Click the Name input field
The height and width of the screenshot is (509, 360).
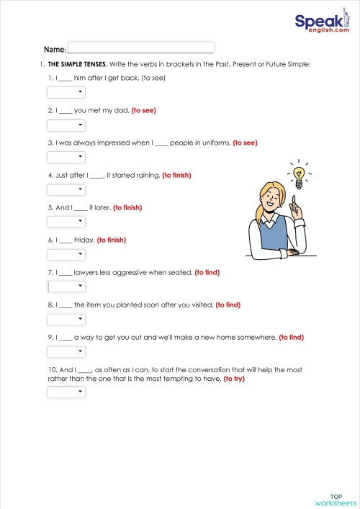tap(141, 48)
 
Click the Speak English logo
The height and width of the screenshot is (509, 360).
tap(322, 24)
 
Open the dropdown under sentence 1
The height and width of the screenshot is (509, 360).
tap(66, 92)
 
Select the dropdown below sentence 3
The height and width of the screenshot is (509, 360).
tap(66, 157)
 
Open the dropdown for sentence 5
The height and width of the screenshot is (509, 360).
tap(66, 222)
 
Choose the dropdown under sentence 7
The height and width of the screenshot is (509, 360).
tap(66, 287)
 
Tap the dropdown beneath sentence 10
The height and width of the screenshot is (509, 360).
tap(66, 392)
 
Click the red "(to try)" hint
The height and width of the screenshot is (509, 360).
tap(234, 379)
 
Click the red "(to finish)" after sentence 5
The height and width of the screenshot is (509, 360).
tap(127, 207)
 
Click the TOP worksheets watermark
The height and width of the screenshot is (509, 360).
tap(336, 498)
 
